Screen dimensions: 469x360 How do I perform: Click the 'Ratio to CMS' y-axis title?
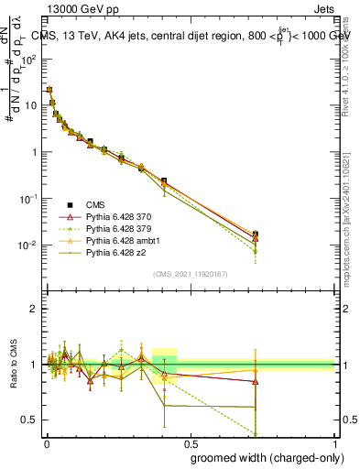click(x=15, y=365)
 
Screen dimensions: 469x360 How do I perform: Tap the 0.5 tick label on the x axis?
click(x=191, y=442)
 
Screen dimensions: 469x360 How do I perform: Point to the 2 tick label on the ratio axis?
click(x=34, y=310)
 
